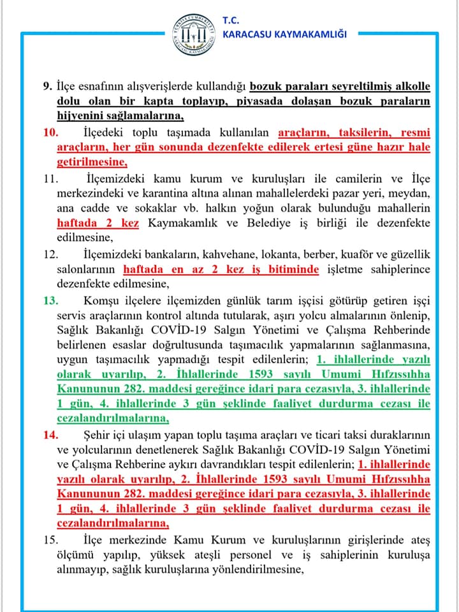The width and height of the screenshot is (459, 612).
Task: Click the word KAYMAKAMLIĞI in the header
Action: tap(312, 34)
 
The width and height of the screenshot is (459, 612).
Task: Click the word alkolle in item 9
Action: tap(411, 87)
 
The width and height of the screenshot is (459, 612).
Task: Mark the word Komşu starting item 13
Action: tap(100, 299)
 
